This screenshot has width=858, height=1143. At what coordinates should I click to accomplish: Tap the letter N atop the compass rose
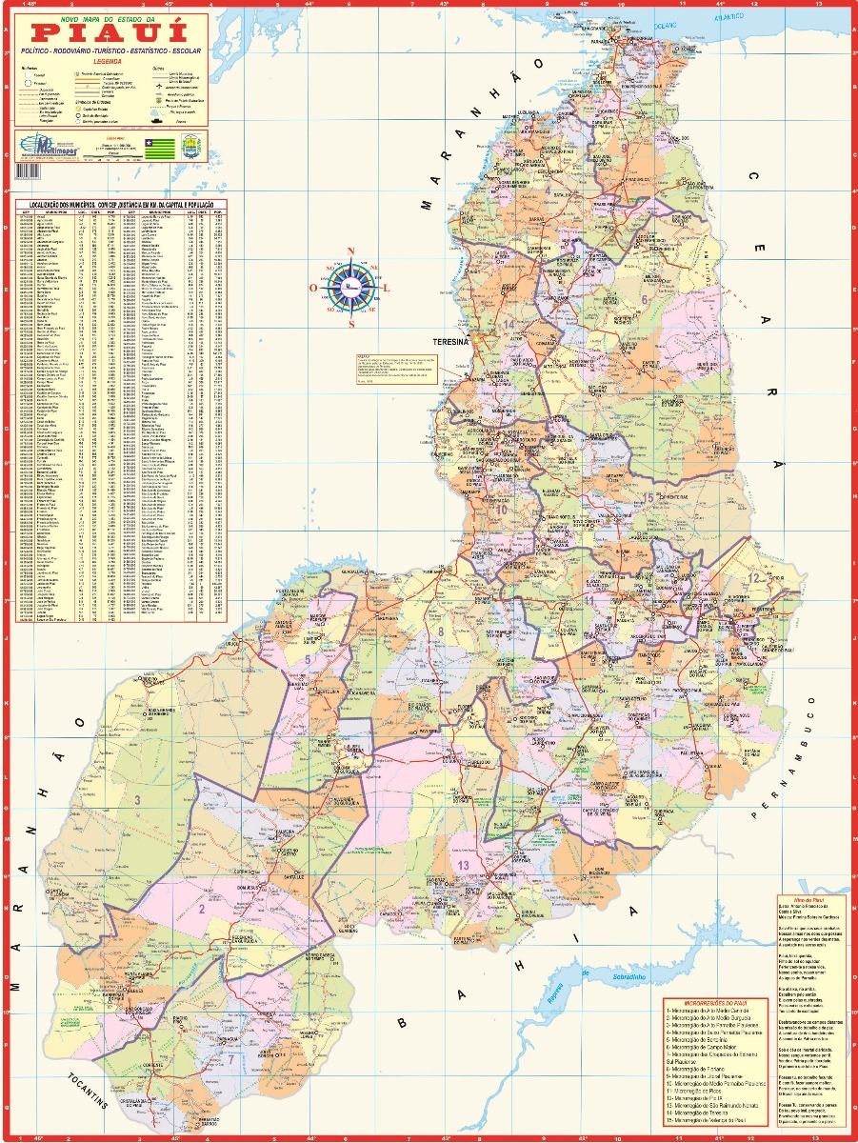(x=350, y=251)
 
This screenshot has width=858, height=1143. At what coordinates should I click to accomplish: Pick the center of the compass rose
(x=350, y=286)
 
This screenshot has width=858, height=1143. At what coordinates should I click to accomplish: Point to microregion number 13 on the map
(x=464, y=864)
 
